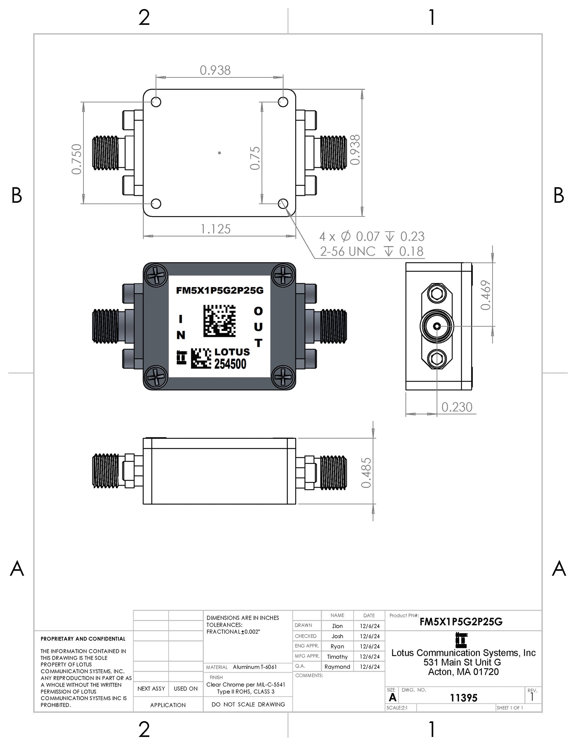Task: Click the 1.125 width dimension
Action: (215, 229)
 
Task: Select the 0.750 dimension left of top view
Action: (77, 159)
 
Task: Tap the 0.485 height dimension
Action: (366, 473)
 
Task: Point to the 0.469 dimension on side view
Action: (486, 295)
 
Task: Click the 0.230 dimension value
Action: (456, 407)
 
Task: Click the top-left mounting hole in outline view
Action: (156, 102)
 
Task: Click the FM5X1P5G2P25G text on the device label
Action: (220, 290)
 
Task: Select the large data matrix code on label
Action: (219, 321)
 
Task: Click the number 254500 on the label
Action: (230, 364)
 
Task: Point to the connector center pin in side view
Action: (437, 326)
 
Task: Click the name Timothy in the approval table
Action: (337, 657)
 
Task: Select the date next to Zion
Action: (369, 626)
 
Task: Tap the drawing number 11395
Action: (463, 698)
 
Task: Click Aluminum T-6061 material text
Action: (255, 667)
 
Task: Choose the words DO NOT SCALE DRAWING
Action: (248, 704)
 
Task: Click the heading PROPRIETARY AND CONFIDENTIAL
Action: (83, 639)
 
